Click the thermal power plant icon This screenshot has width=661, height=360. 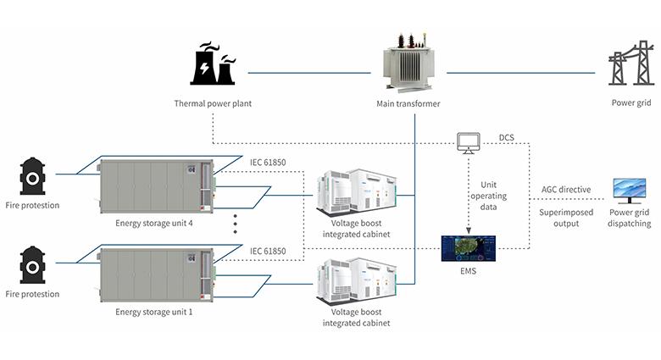(x=214, y=65)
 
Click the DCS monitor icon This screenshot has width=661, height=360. (x=468, y=144)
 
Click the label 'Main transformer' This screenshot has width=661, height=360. (x=408, y=104)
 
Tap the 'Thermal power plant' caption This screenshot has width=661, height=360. (x=213, y=104)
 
